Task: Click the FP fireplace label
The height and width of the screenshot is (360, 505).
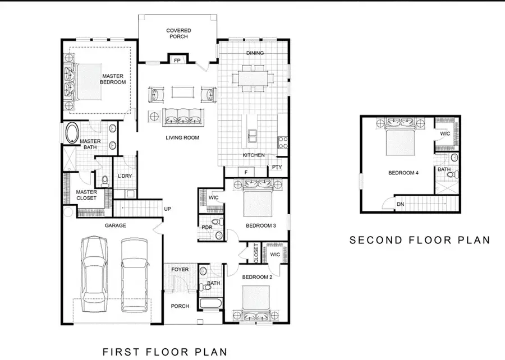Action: [177, 60]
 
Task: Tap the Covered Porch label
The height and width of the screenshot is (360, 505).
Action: [178, 34]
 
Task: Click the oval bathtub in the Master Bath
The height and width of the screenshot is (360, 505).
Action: [72, 134]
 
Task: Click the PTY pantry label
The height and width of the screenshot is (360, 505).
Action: [277, 167]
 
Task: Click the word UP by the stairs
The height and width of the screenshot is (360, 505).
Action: [167, 209]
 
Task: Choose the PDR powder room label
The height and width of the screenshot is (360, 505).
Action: [206, 227]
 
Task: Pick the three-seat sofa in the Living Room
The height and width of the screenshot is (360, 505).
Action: [182, 117]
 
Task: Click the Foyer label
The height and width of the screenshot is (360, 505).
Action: [180, 270]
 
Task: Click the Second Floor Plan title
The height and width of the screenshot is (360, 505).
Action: [420, 240]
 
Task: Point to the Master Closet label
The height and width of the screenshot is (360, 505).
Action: [86, 195]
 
